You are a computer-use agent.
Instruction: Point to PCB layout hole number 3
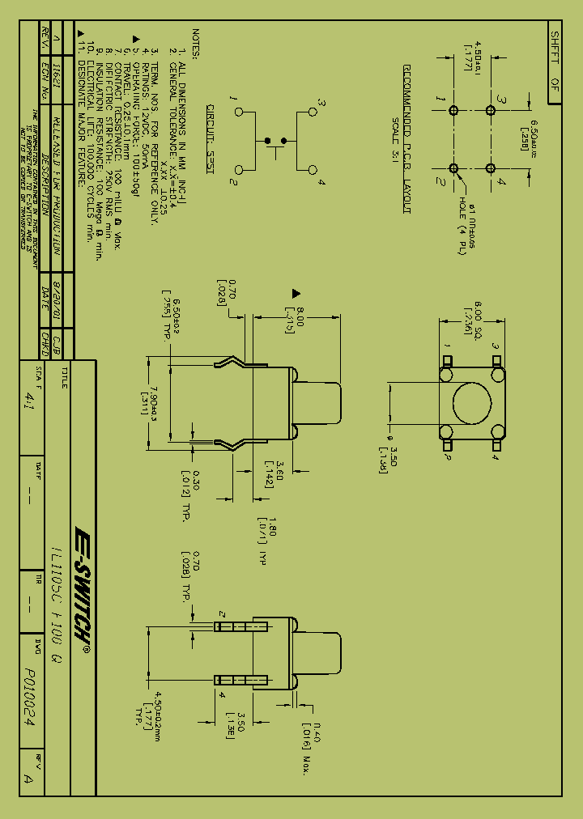489,110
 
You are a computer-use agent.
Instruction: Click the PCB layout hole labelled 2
453,168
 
